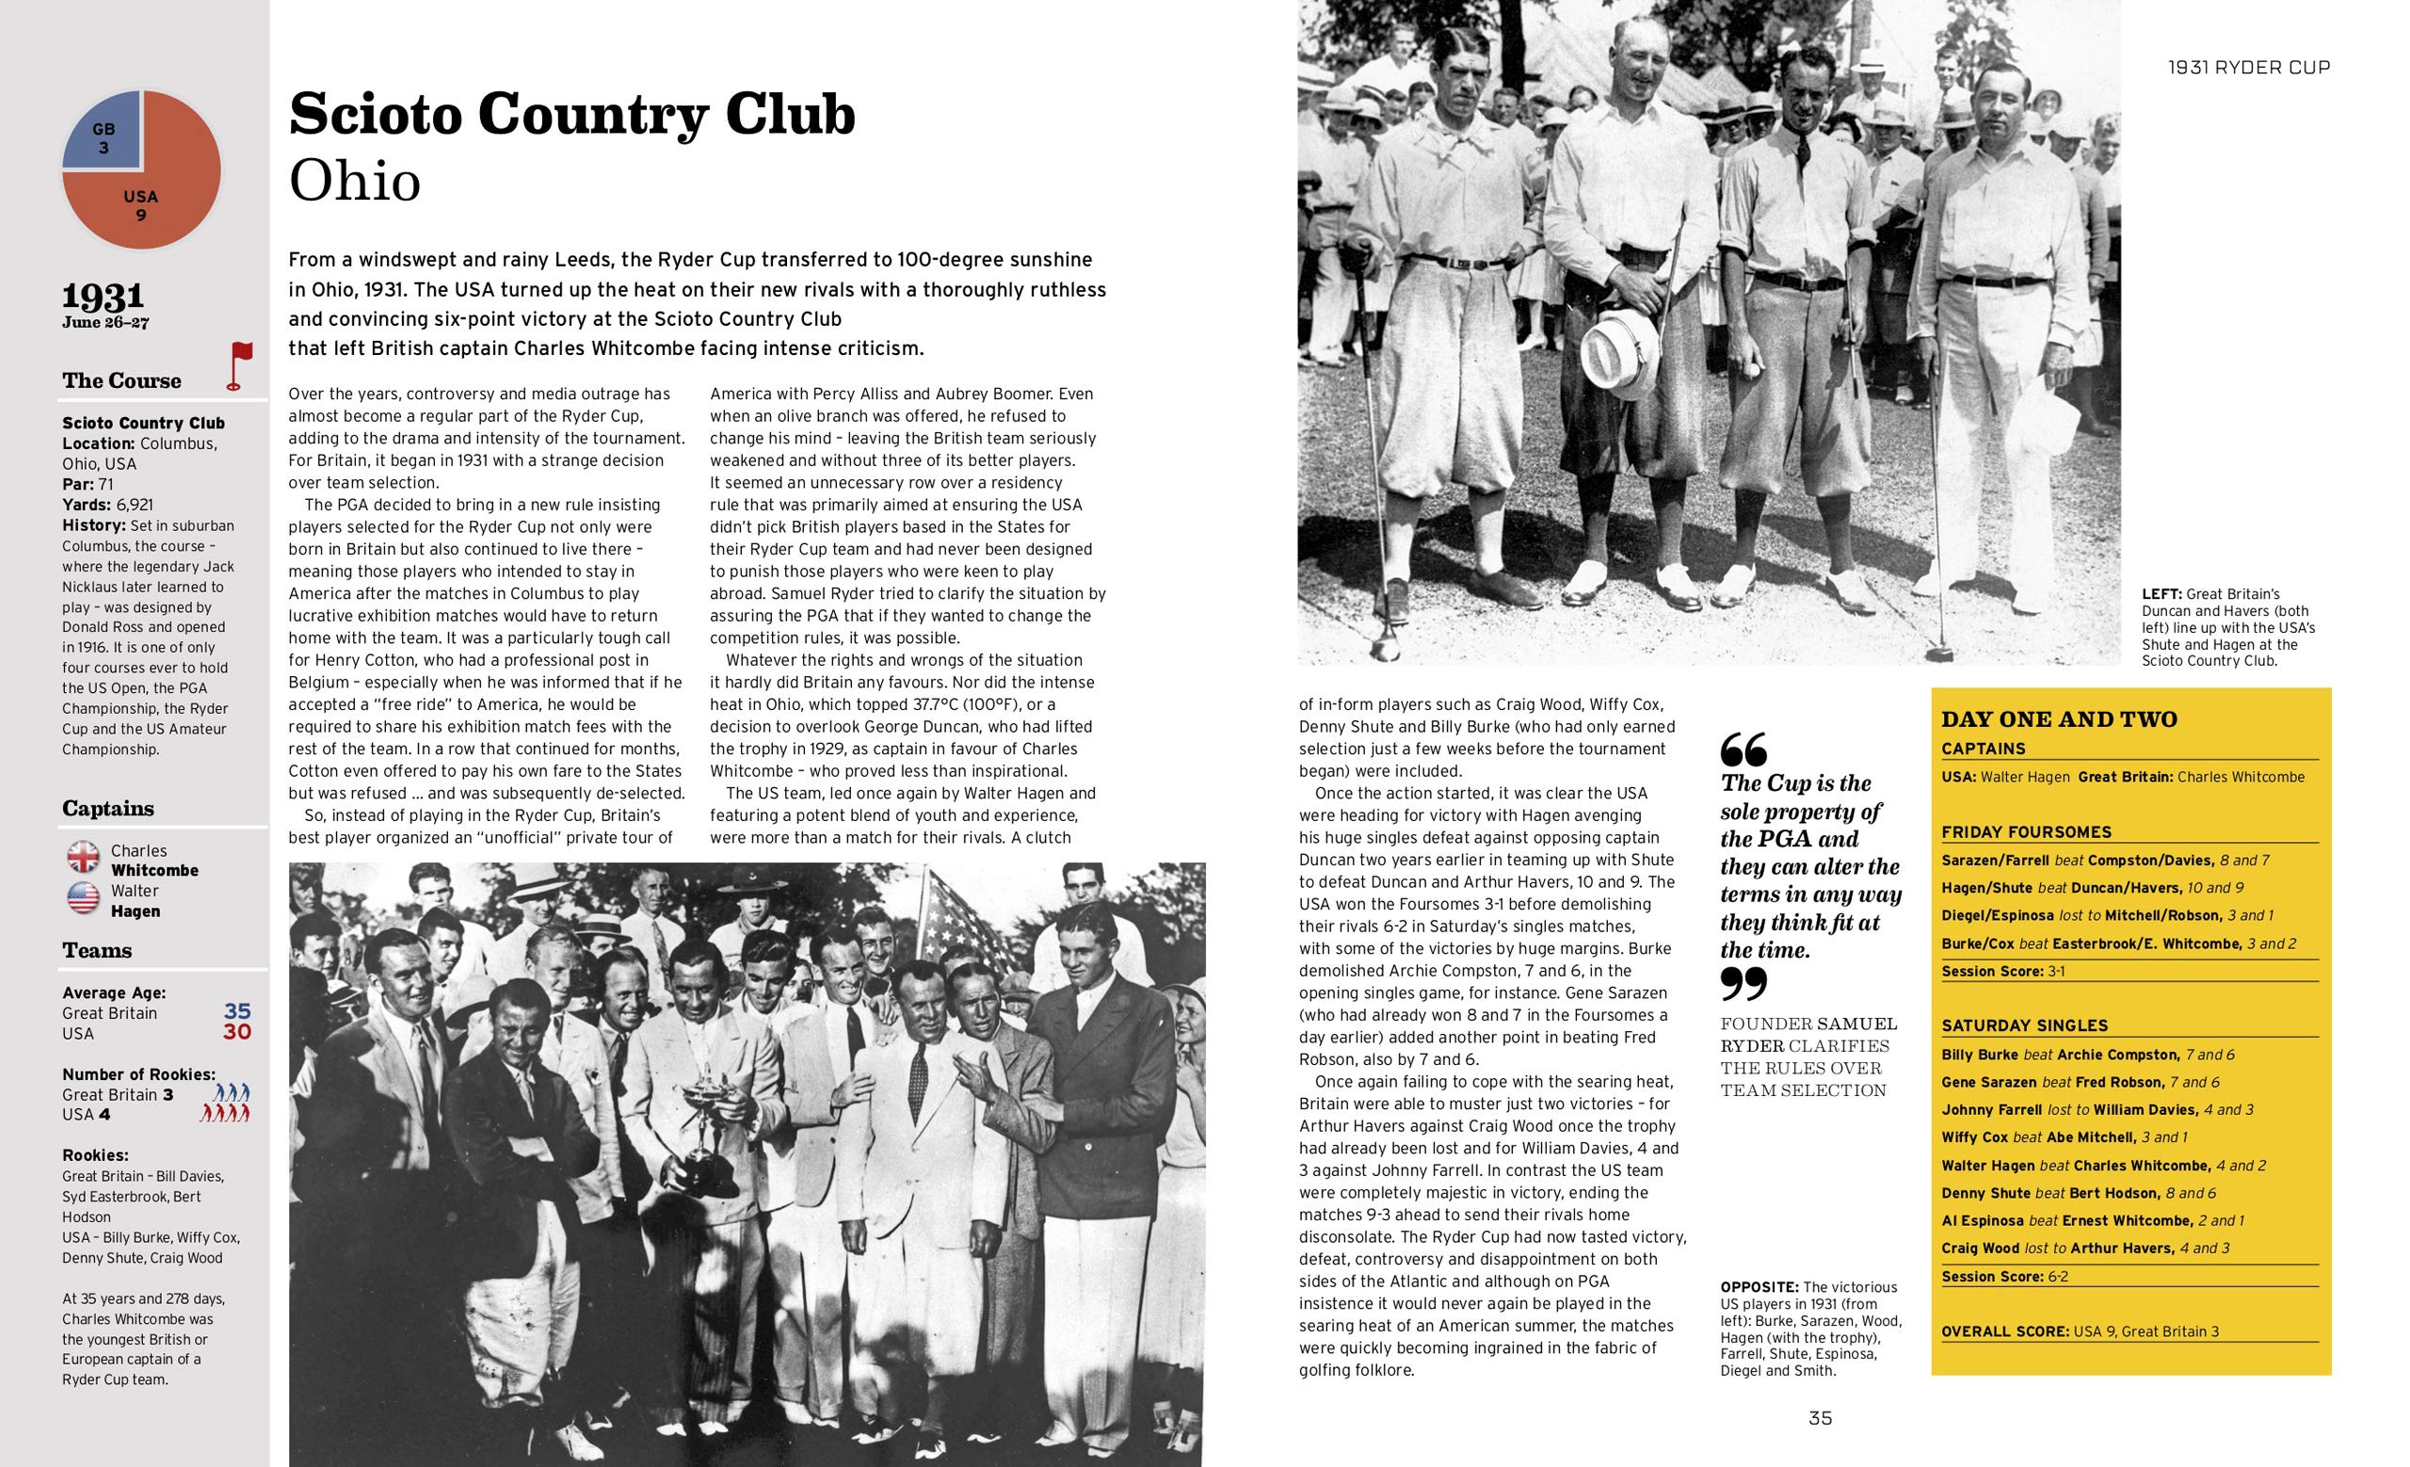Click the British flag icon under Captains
(83, 858)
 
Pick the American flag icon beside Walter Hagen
(83, 897)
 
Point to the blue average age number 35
(236, 1011)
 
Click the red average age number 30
(236, 1033)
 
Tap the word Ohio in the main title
(354, 181)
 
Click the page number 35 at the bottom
(1819, 1418)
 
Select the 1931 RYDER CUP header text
(2249, 68)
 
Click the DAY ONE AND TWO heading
(2059, 719)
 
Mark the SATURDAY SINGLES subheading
(2024, 1026)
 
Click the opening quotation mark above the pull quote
(1743, 751)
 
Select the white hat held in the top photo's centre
(1618, 352)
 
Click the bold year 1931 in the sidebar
(104, 297)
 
